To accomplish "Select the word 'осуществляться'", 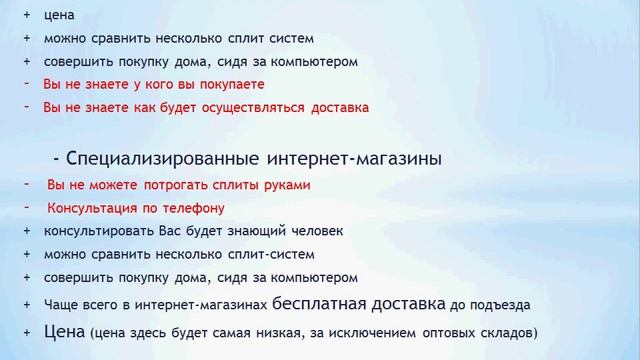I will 256,107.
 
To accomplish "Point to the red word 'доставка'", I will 340,107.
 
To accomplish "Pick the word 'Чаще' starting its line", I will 59,304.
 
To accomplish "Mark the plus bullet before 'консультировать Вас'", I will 27,231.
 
